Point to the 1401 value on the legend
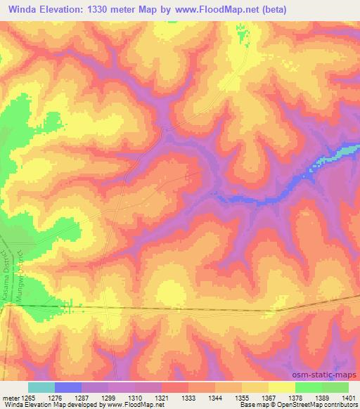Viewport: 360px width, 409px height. [349, 398]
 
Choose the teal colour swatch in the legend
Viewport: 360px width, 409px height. [41, 387]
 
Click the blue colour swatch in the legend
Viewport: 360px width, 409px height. [68, 387]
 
